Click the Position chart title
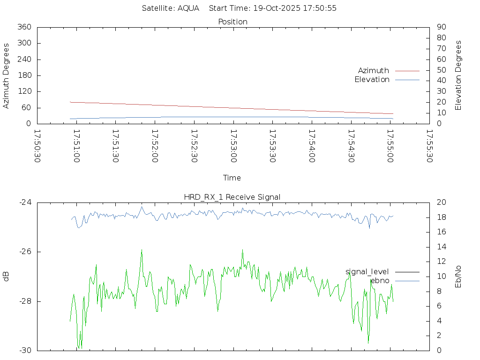[233, 22]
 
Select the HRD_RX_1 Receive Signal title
[232, 197]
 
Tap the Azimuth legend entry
[374, 70]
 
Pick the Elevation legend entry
[372, 80]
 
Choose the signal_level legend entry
[367, 271]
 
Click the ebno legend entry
[380, 280]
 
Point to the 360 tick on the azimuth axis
[24, 27]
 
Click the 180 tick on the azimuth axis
[24, 75]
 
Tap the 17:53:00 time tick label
[233, 146]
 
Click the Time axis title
[232, 178]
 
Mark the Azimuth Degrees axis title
[6, 75]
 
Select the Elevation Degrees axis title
[458, 75]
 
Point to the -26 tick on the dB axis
[24, 252]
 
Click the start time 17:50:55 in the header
[321, 8]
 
